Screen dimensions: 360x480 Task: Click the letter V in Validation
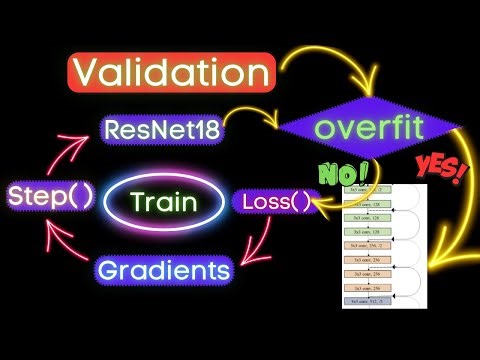point(91,73)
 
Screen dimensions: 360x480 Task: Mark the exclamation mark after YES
point(463,172)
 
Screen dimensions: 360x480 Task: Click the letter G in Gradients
point(112,269)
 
